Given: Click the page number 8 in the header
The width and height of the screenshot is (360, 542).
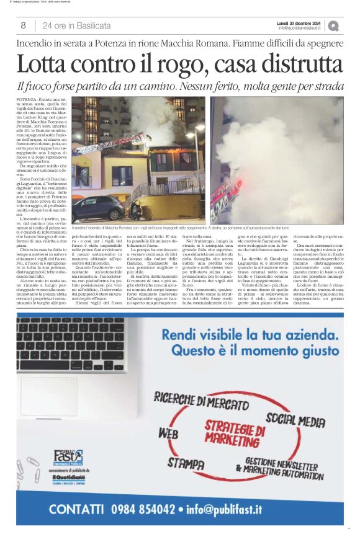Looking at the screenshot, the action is [x=23, y=25].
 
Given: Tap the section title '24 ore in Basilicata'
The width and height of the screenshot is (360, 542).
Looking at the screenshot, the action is [x=77, y=25].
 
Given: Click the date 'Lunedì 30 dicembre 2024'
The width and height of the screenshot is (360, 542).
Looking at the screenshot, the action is [x=300, y=22].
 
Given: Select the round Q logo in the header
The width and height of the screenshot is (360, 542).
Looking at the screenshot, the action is [x=333, y=25].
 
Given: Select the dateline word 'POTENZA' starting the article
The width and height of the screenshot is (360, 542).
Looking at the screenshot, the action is [x=44, y=99].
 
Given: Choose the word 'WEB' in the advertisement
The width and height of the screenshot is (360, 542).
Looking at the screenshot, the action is [x=168, y=433].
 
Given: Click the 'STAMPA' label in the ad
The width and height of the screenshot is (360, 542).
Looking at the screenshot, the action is [x=186, y=463].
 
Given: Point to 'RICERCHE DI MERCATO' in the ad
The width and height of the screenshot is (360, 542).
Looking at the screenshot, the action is [x=197, y=402].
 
